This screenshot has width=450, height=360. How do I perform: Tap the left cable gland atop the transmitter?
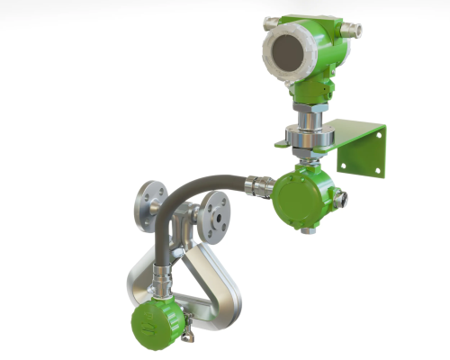(x=271, y=23)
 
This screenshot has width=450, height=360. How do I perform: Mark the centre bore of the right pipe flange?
(x=215, y=212)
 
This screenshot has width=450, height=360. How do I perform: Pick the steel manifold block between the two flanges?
(x=184, y=220)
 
